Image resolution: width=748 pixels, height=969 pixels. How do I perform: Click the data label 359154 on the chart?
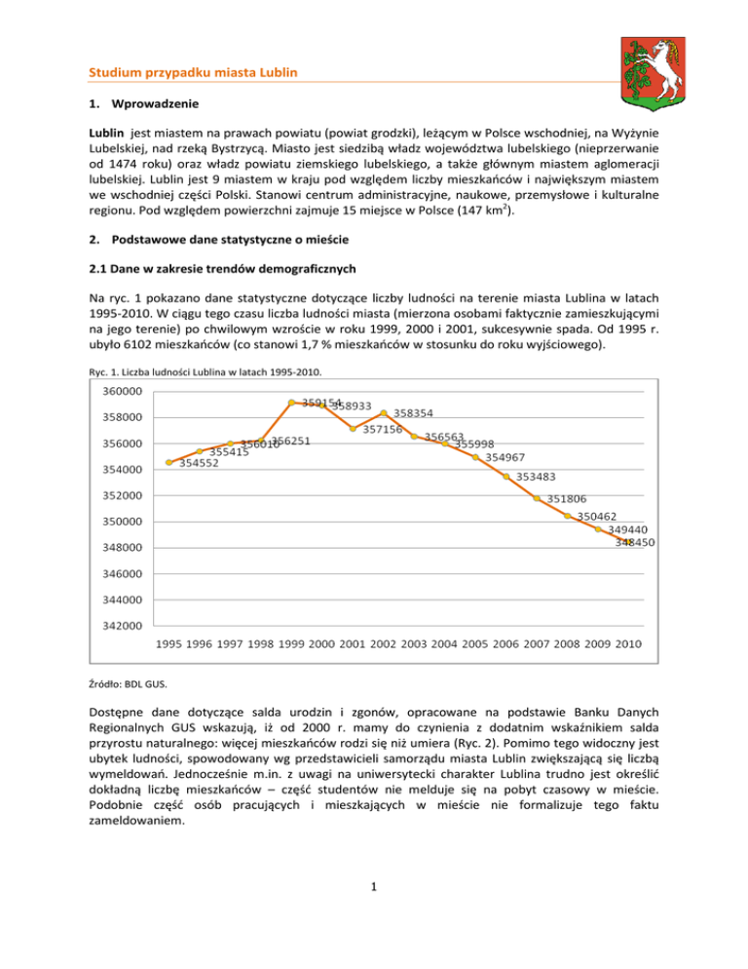[x=319, y=402]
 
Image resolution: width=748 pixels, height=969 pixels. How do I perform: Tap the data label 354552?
[x=199, y=463]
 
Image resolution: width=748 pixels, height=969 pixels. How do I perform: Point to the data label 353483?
[x=537, y=477]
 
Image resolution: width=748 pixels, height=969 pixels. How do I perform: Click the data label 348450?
[x=634, y=542]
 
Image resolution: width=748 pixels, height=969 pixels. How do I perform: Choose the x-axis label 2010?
[x=629, y=644]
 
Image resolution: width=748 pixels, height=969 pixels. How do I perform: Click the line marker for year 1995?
[x=169, y=462]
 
